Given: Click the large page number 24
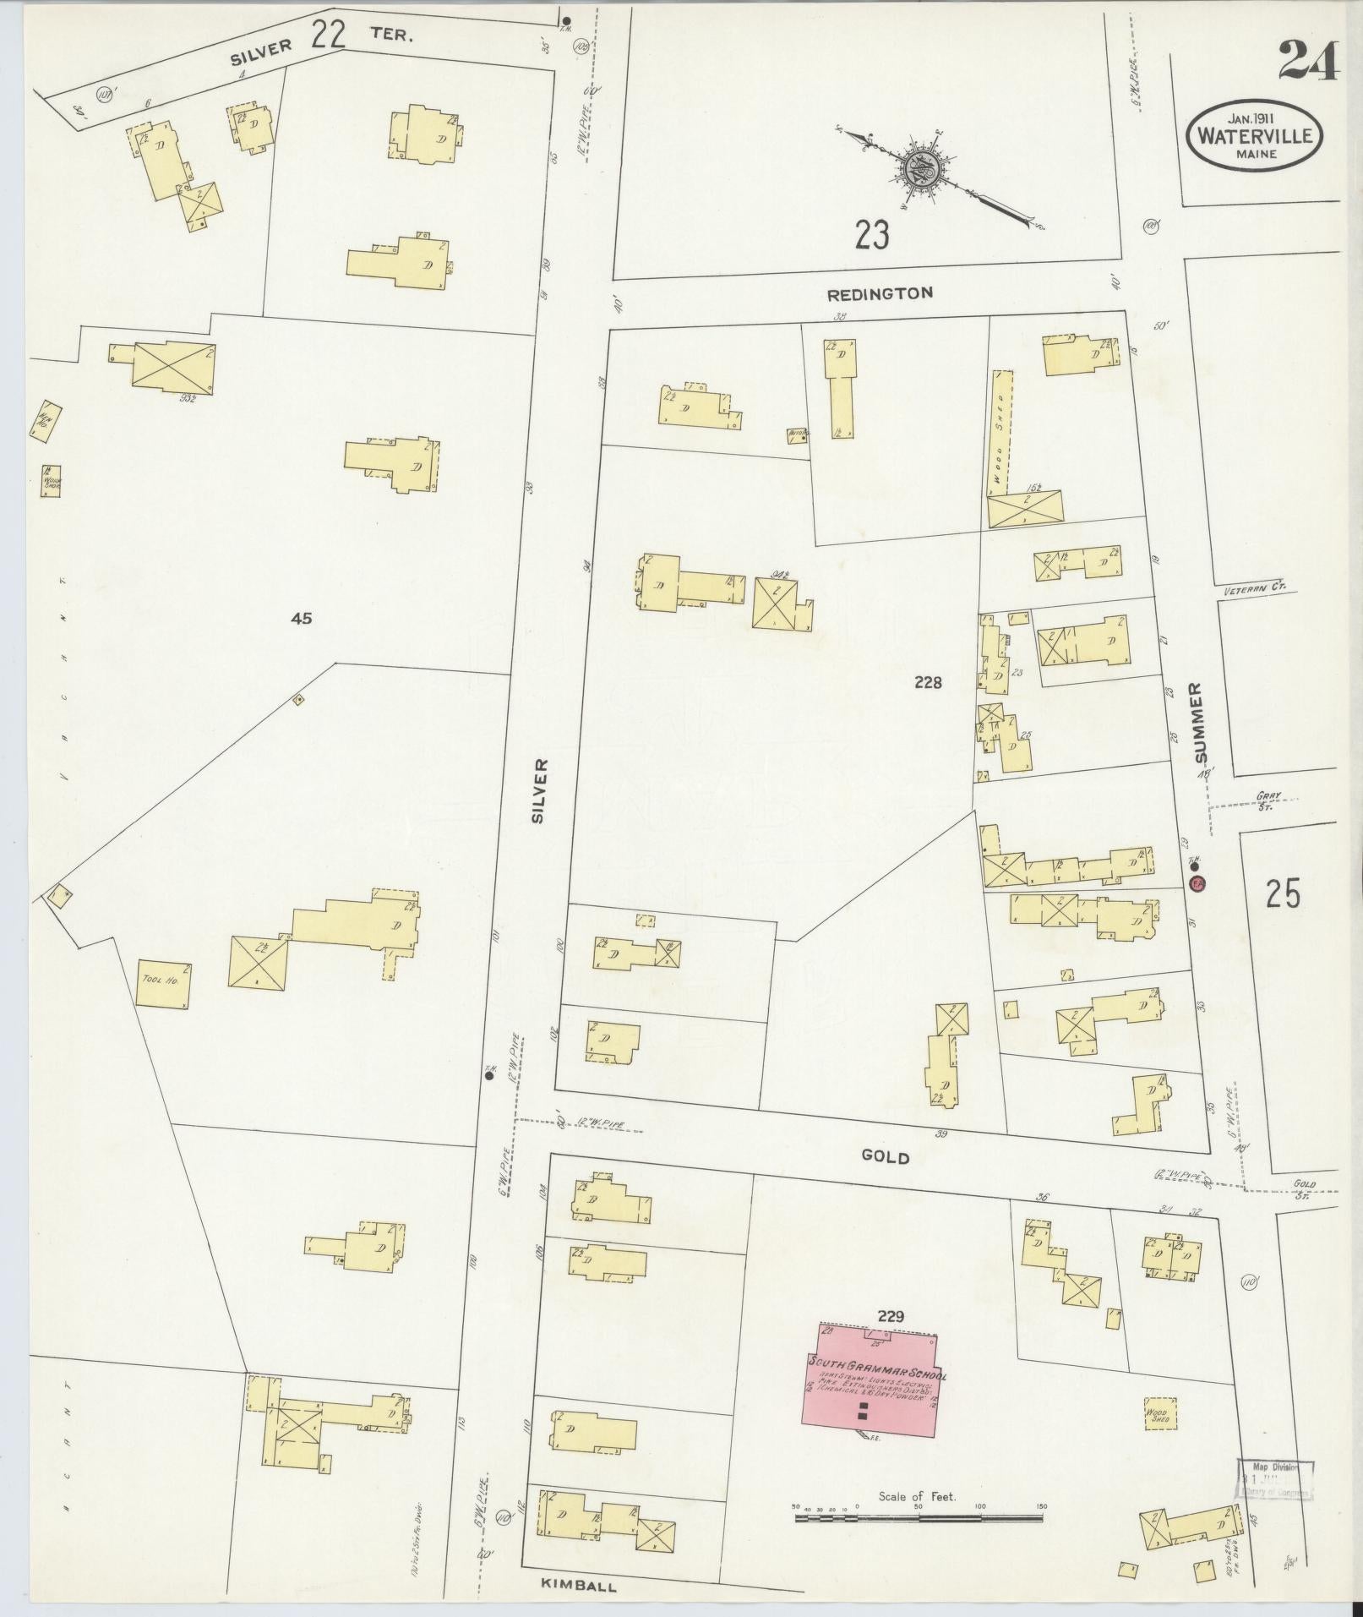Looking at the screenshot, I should (x=1308, y=61).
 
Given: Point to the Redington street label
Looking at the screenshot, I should (x=880, y=294).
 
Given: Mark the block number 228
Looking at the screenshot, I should (x=927, y=683).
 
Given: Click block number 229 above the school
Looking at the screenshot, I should (x=891, y=1316).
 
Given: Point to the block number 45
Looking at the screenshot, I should (x=302, y=619).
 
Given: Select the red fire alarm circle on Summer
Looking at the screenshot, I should (x=1197, y=884).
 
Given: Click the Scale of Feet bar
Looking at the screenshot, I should (x=919, y=1518).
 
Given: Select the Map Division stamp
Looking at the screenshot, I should (x=1276, y=1479).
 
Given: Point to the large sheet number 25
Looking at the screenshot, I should (x=1282, y=894).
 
